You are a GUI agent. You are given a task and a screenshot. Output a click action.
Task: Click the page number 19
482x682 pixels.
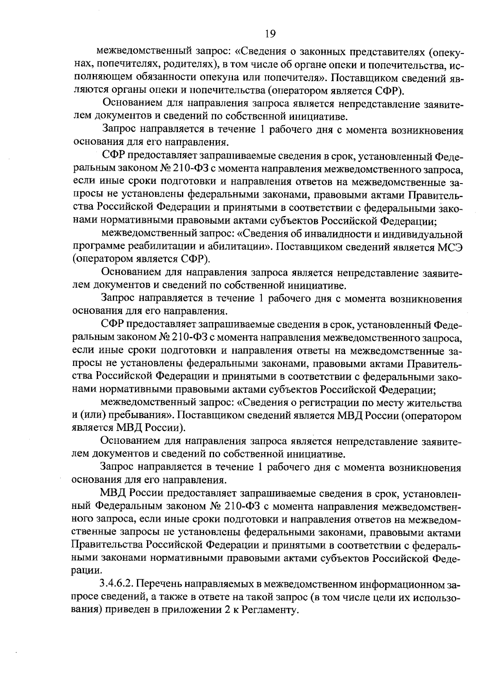[270, 34]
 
